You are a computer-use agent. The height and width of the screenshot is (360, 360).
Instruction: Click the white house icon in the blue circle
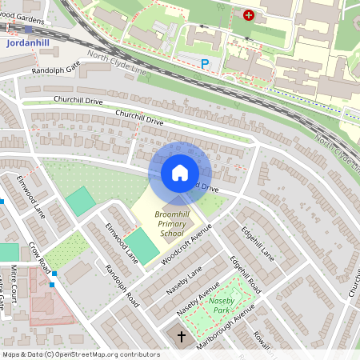tap(180, 173)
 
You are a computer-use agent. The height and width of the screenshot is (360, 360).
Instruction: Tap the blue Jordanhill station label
tap(27, 43)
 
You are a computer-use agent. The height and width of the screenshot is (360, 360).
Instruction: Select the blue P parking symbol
tap(205, 62)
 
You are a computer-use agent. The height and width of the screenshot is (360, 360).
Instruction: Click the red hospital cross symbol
tap(248, 14)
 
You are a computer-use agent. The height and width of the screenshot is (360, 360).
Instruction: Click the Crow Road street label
tap(39, 257)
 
